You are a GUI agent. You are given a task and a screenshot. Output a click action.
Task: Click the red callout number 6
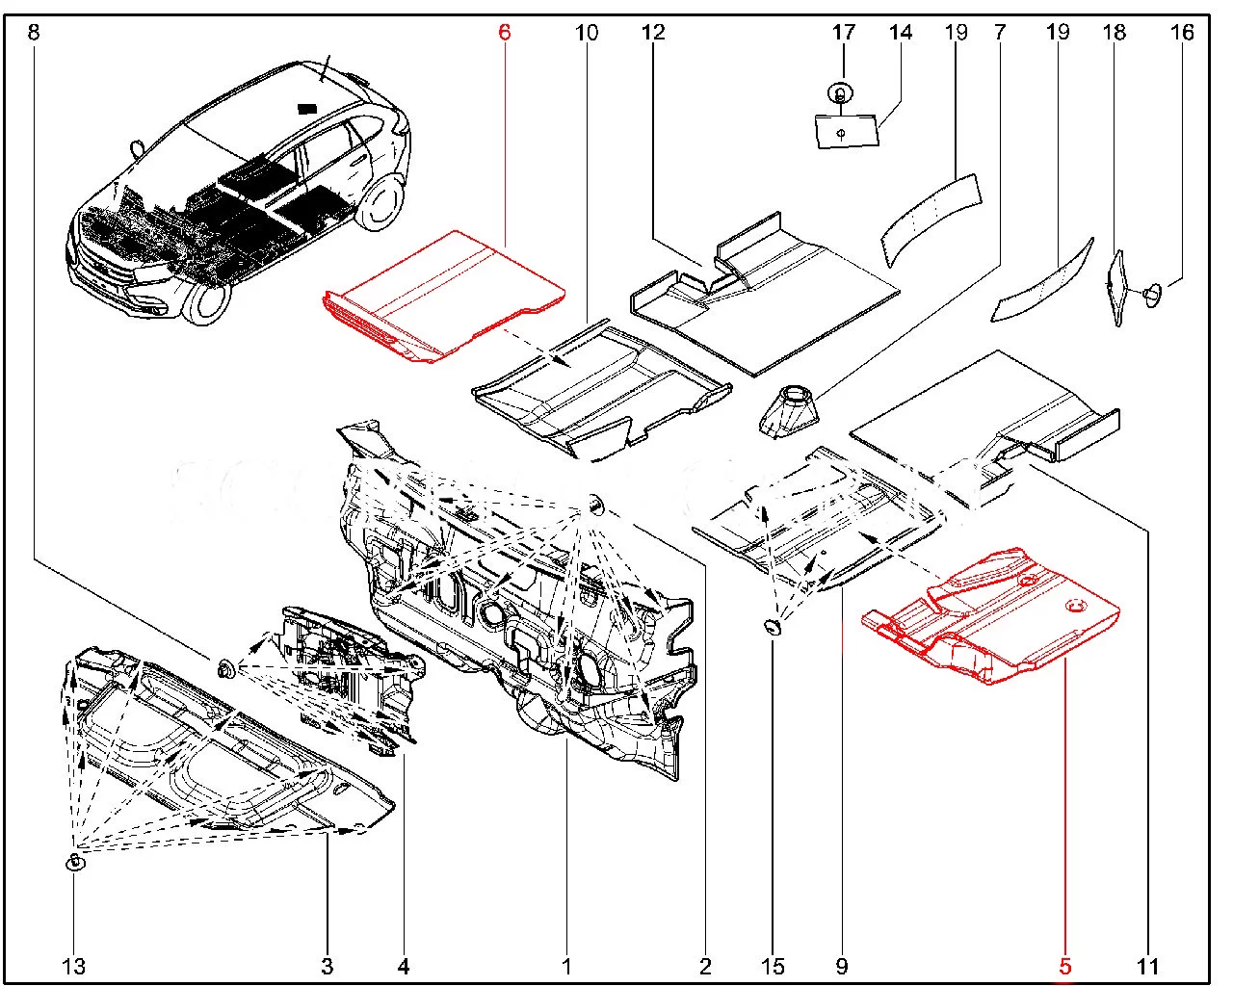pos(504,33)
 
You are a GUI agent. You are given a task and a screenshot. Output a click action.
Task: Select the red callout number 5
pos(1065,966)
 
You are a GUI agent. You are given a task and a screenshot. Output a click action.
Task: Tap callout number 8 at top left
pos(34,33)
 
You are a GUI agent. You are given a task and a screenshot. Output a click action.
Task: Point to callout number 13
pos(74,966)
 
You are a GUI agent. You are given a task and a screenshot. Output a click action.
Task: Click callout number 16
pos(1182,33)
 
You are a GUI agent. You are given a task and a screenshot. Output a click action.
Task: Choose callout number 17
pos(844,33)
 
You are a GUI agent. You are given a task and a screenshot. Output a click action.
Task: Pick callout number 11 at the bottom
pos(1147,966)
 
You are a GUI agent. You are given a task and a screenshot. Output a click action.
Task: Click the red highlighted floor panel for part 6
pos(443,294)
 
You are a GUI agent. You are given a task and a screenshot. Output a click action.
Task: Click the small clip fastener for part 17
pos(840,94)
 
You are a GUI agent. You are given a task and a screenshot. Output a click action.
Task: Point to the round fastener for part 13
pos(74,862)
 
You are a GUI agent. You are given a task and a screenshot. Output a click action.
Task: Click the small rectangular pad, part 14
pos(848,131)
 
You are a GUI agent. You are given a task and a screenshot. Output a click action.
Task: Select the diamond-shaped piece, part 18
pos(1118,287)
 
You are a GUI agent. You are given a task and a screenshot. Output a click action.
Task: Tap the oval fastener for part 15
pos(774,628)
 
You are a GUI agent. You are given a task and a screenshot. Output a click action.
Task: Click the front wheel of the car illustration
pos(204,300)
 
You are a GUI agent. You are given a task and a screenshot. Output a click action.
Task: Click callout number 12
pos(653,33)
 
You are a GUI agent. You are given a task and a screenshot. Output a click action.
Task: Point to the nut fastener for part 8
pos(225,667)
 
